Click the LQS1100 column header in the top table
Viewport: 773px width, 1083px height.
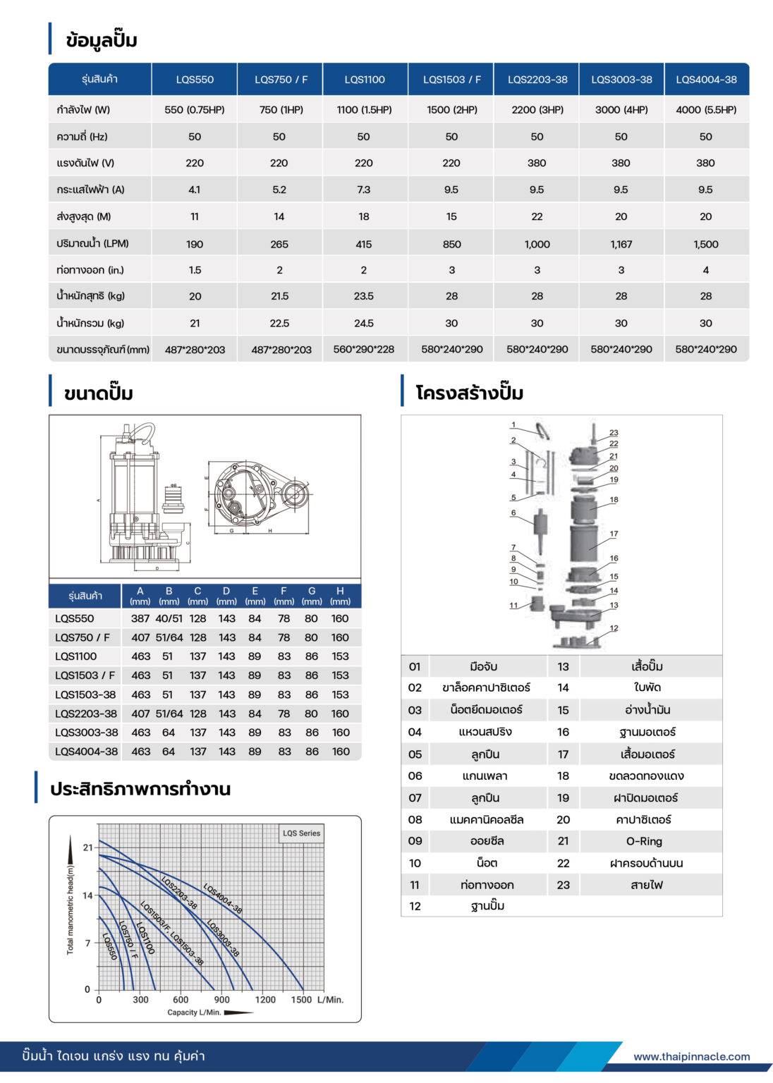365,80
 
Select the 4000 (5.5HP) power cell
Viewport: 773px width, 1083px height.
705,110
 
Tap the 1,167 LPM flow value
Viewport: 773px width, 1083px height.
621,244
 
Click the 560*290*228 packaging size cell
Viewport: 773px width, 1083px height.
364,349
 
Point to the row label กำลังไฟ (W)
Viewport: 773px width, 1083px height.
83,110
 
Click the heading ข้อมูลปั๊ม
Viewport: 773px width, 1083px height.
102,40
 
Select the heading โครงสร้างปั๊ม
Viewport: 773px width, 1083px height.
469,393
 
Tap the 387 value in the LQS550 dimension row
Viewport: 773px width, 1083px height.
140,618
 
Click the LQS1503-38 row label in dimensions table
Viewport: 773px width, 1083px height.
85,695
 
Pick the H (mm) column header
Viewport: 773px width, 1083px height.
340,596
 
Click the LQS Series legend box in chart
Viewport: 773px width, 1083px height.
301,833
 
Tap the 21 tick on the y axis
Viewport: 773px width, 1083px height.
87,848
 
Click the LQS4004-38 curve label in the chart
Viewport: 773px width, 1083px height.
223,898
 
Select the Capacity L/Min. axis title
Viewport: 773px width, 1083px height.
194,1012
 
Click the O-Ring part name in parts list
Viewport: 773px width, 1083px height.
644,841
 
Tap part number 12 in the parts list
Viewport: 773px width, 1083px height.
415,906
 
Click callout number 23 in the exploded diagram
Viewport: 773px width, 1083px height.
614,433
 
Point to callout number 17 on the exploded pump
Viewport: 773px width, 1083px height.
614,534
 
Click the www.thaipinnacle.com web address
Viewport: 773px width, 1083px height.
691,1056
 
